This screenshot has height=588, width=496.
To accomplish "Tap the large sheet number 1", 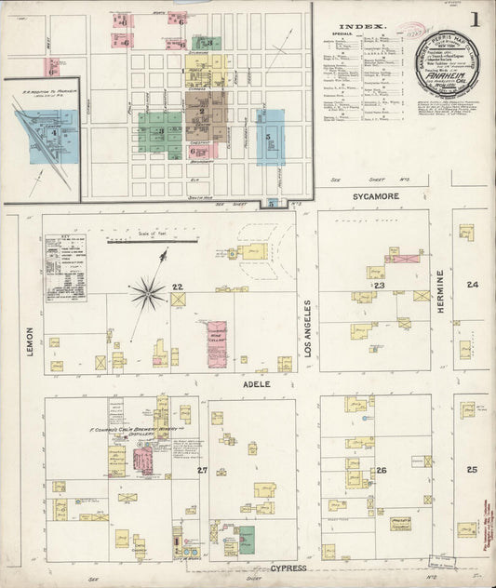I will pyautogui.click(x=475, y=20).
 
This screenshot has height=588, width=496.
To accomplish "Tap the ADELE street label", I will pyautogui.click(x=257, y=383).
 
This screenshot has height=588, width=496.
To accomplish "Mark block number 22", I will pyautogui.click(x=176, y=287).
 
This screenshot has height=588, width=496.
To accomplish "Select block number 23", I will pyautogui.click(x=380, y=286).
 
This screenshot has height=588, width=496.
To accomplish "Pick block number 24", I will pyautogui.click(x=473, y=285).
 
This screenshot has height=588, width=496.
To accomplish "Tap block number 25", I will pyautogui.click(x=472, y=470).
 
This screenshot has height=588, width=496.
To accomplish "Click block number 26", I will pyautogui.click(x=381, y=471).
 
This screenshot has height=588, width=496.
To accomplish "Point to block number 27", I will pyautogui.click(x=202, y=471).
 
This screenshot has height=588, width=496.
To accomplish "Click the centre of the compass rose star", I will pyautogui.click(x=147, y=294).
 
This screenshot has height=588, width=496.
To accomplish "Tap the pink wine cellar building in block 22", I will pyautogui.click(x=217, y=343).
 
